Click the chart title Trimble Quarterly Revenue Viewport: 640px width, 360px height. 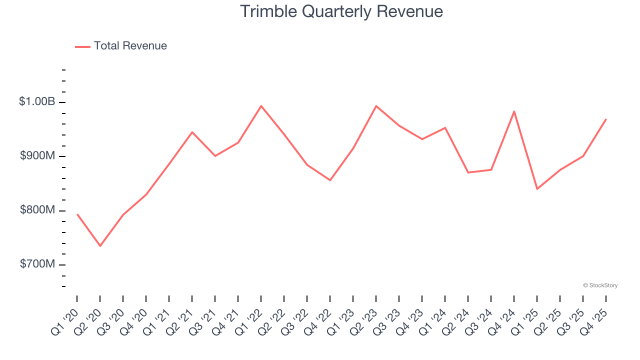[x=341, y=11]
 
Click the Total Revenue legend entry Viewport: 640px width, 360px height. [x=121, y=46]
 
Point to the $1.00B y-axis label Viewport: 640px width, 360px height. [x=37, y=101]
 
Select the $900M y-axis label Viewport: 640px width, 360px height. [x=37, y=156]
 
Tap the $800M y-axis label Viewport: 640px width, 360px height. [x=37, y=210]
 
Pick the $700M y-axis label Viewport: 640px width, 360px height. [x=37, y=264]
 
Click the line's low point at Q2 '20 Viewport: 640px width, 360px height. [x=100, y=246]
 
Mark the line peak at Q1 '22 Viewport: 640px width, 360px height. [x=261, y=106]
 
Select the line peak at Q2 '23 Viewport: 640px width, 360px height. [x=376, y=106]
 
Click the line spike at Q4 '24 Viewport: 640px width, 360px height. [x=514, y=111]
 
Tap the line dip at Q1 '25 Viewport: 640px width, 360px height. [x=537, y=189]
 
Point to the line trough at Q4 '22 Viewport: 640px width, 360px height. [x=330, y=180]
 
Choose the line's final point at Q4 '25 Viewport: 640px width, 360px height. [x=606, y=119]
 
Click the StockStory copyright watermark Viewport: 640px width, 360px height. [x=600, y=285]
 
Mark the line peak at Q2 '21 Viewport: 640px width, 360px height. [x=192, y=132]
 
